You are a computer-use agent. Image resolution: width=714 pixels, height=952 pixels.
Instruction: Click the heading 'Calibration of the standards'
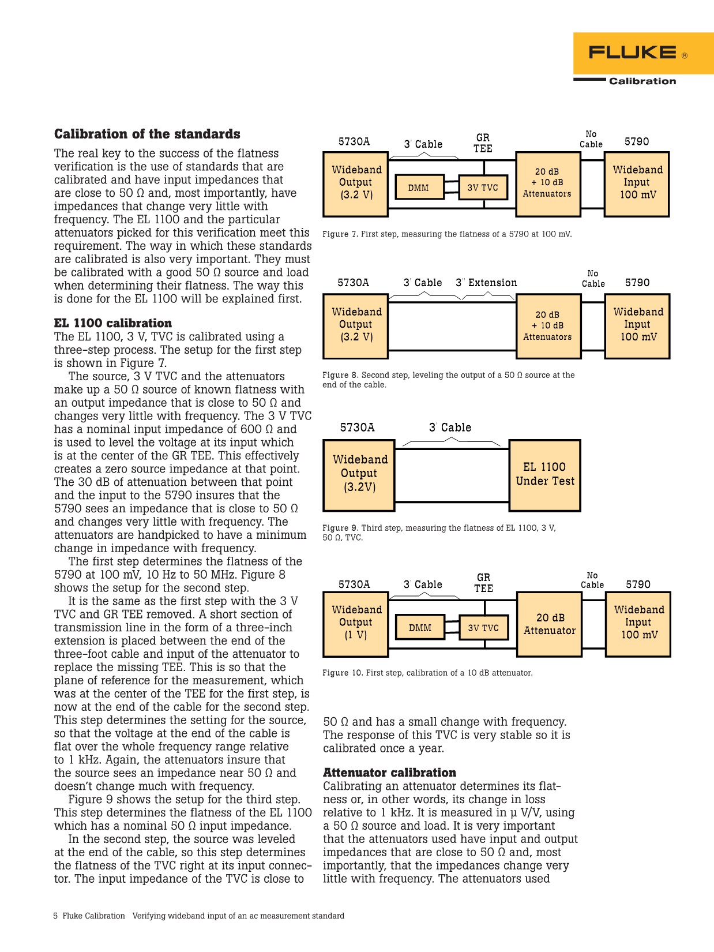(x=147, y=134)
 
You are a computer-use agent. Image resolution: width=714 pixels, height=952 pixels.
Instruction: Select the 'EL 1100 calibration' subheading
(x=113, y=323)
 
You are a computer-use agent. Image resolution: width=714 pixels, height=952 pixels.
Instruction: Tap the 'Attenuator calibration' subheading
(x=389, y=773)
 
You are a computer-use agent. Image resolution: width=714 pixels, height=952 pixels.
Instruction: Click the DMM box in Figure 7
(x=419, y=188)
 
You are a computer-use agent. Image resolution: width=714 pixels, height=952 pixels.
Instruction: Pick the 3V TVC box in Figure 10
(x=483, y=628)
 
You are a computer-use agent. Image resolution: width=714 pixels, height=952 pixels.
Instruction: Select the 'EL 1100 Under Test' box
(x=545, y=475)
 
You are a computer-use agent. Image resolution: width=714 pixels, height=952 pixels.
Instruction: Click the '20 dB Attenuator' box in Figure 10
(x=550, y=624)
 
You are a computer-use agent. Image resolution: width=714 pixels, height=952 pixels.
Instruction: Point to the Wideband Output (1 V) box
(x=356, y=623)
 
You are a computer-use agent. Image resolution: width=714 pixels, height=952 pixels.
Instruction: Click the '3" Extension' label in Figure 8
(x=486, y=283)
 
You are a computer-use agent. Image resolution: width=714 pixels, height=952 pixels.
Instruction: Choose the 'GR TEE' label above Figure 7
(x=483, y=143)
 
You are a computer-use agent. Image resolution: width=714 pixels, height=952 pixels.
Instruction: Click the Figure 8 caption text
(x=448, y=380)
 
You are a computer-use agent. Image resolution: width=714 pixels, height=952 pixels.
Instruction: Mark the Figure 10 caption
(x=427, y=673)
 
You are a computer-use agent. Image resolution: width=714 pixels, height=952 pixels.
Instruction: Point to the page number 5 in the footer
(x=55, y=916)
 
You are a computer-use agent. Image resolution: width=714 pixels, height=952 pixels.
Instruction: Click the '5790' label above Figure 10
(x=638, y=584)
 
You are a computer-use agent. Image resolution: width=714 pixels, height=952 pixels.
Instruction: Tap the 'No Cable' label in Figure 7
(x=591, y=139)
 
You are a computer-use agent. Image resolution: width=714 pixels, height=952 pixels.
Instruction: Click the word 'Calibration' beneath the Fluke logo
(x=642, y=81)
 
